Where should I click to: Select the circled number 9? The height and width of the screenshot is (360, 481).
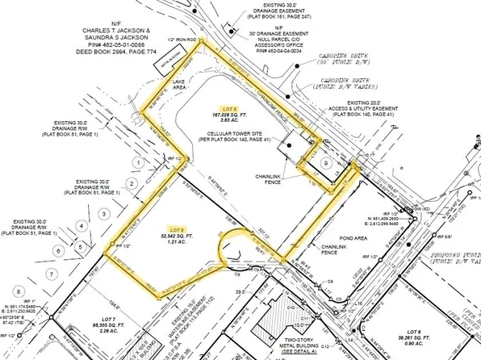tap(324, 163)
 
